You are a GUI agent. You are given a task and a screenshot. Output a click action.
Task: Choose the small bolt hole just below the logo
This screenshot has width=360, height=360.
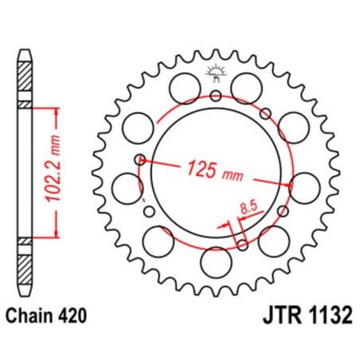pos(215,96)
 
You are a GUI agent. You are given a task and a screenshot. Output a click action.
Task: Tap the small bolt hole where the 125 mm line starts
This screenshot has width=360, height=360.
pos(141,158)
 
